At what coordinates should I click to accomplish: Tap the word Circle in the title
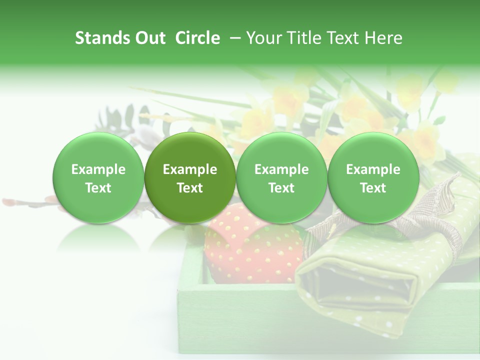tap(197, 38)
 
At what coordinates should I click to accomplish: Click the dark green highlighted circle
tap(190, 178)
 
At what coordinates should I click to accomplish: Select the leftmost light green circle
tap(98, 178)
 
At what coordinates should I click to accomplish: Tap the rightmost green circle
tap(373, 178)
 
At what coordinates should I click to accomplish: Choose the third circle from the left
tap(281, 178)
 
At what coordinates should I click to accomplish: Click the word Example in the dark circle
tap(190, 169)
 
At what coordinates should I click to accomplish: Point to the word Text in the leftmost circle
tap(98, 188)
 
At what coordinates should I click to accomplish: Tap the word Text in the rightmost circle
tap(373, 188)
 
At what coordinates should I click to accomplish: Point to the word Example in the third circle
tap(281, 169)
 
